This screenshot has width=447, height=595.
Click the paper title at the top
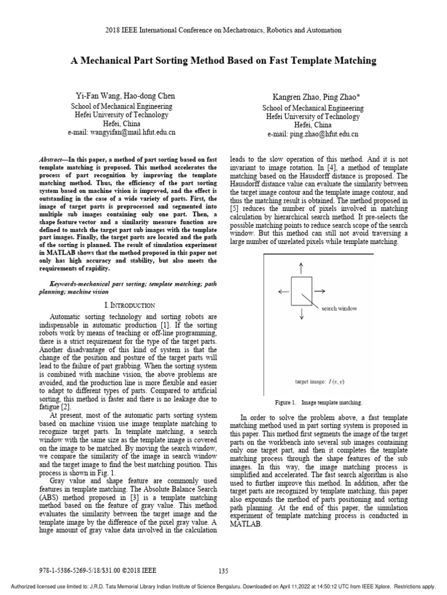click(x=223, y=60)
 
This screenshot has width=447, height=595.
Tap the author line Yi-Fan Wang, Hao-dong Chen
click(x=125, y=96)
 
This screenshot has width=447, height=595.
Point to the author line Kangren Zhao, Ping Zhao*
click(x=313, y=96)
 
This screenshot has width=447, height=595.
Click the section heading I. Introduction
click(x=125, y=305)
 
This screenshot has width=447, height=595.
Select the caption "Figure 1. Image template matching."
click(x=318, y=402)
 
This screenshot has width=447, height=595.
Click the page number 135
click(x=223, y=571)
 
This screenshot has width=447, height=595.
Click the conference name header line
click(x=223, y=30)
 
